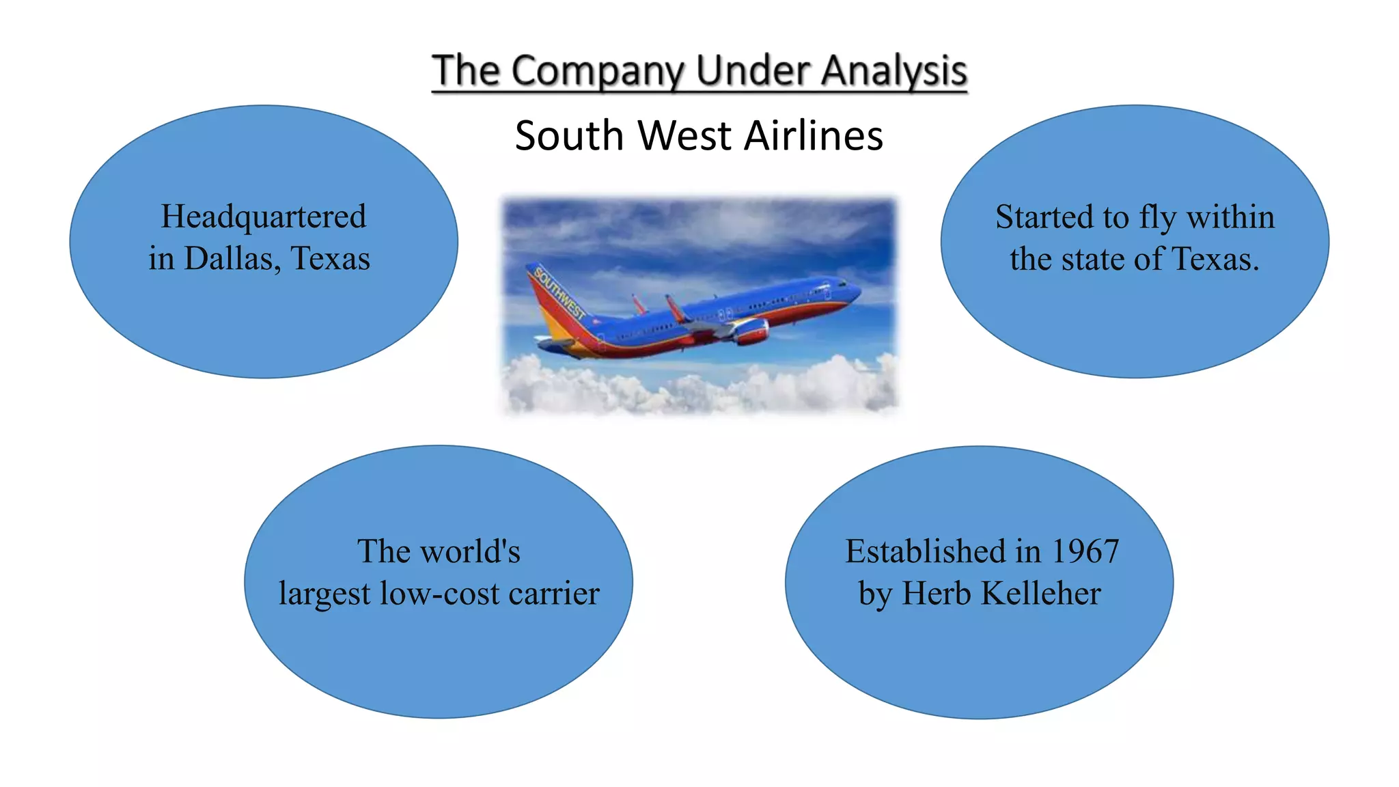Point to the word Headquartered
(x=264, y=217)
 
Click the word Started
(x=1038, y=217)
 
